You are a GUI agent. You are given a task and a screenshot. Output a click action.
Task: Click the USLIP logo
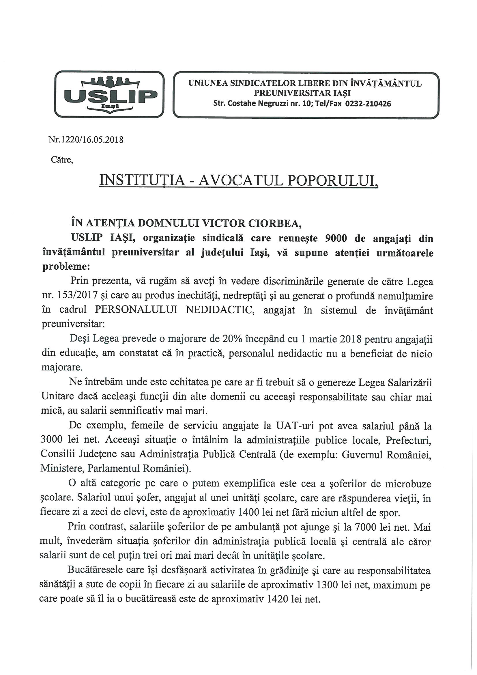109,94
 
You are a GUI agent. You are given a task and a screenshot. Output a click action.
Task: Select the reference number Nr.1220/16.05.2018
86,139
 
